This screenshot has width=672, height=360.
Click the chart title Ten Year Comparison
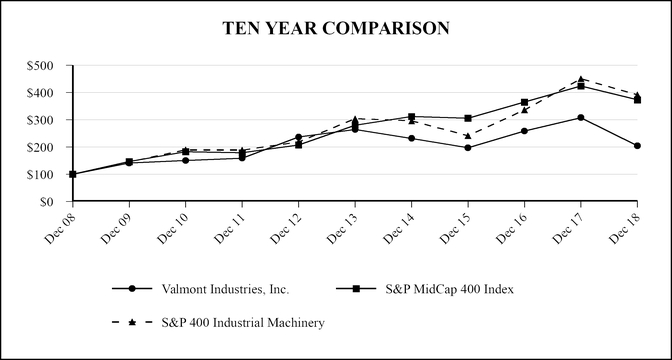336,28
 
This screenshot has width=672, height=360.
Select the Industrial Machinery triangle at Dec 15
468,136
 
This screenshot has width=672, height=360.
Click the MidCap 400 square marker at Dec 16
524,102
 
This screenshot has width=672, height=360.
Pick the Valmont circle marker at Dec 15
468,148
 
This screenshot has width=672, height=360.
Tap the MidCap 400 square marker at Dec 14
411,117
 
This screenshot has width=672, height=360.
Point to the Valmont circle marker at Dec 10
185,160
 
